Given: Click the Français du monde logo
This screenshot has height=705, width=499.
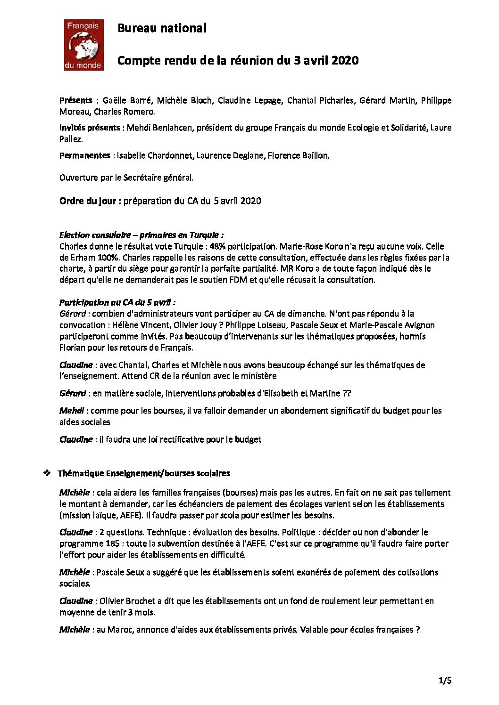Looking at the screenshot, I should click(83, 45).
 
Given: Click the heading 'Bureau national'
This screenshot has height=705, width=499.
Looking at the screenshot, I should click(162, 28).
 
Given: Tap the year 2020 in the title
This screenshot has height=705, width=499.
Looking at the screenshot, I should click(345, 61).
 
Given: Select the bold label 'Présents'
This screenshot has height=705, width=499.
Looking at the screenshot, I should click(76, 100).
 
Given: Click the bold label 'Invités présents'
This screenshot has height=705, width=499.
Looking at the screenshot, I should click(90, 128).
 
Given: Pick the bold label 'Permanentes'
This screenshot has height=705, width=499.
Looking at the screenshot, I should click(85, 155).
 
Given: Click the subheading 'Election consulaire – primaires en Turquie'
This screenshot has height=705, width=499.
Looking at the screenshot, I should click(141, 235).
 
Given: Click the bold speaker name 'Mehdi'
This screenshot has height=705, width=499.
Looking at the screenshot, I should click(72, 411).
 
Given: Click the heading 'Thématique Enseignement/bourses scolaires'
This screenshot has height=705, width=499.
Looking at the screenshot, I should click(144, 473).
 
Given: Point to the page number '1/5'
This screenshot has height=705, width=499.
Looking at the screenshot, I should click(445, 681).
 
